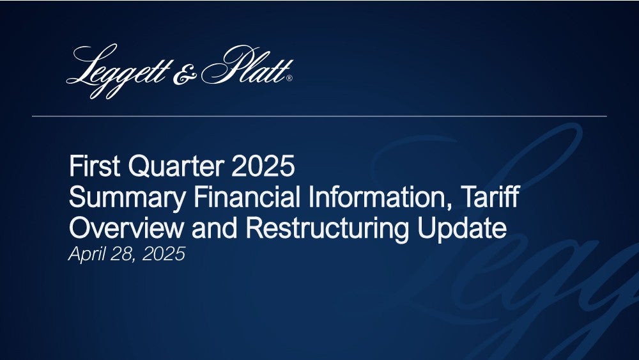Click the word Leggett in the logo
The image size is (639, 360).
(119, 72)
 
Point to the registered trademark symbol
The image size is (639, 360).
(289, 78)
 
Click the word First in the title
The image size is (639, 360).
(95, 166)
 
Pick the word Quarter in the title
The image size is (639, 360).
(176, 166)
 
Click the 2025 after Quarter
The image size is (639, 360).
(263, 166)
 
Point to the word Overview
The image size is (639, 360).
(127, 228)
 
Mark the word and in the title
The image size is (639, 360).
(214, 228)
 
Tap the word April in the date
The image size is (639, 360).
(86, 254)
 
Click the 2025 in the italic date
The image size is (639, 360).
(164, 254)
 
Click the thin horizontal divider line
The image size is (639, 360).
(319, 116)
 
